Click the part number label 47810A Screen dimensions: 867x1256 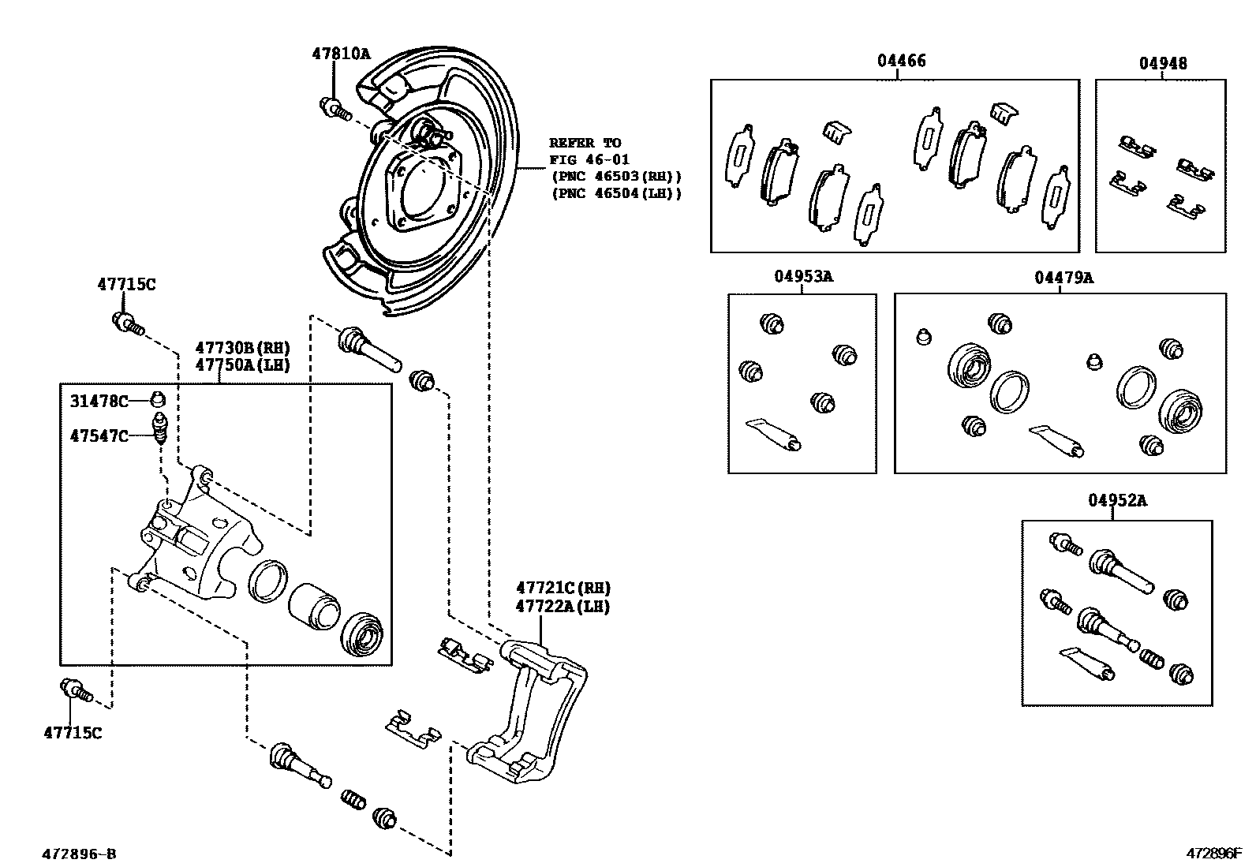click(340, 54)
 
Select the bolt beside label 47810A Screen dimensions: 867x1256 click(334, 107)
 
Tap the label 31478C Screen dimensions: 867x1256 click(99, 402)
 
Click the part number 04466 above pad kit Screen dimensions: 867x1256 click(901, 61)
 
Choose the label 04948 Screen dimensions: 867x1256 click(1162, 63)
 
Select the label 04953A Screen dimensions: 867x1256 click(803, 276)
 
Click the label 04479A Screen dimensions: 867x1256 click(1063, 278)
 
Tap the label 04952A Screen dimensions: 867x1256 click(1117, 500)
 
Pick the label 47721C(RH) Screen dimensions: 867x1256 click(563, 588)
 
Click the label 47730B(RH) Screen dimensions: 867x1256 click(242, 348)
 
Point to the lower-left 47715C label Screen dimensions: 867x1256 click(73, 733)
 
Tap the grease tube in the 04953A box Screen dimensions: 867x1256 click(775, 434)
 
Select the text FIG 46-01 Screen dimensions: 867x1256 click(589, 160)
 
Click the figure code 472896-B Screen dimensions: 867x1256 click(79, 854)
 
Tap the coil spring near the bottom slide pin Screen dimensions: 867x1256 click(353, 799)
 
